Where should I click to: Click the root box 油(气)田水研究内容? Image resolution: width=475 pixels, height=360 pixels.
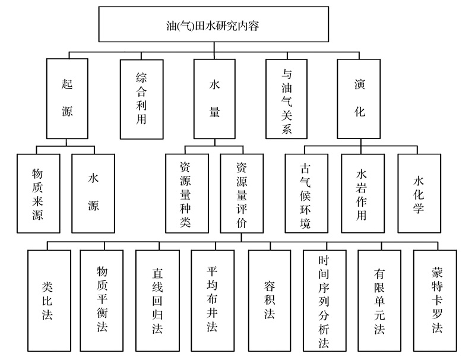(x=214, y=24)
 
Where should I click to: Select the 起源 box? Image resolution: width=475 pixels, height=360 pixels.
(x=67, y=99)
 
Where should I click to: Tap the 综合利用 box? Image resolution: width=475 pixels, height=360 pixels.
(x=141, y=99)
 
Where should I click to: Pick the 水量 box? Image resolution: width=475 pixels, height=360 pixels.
(x=214, y=99)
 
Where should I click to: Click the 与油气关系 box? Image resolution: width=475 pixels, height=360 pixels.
(x=287, y=99)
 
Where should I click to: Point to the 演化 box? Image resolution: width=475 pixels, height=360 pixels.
(x=359, y=99)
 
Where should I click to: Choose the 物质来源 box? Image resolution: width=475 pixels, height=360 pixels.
(x=39, y=193)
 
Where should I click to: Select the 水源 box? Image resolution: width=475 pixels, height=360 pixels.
(x=93, y=193)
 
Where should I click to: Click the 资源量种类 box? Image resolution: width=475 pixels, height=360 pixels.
(x=187, y=193)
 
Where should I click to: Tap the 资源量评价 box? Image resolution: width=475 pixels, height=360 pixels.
(x=242, y=193)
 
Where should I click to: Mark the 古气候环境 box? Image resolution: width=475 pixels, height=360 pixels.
(x=306, y=193)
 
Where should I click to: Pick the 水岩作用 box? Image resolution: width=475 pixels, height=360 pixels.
(x=363, y=193)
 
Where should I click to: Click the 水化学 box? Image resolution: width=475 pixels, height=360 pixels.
(x=419, y=193)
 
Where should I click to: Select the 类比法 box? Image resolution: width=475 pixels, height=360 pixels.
(x=49, y=301)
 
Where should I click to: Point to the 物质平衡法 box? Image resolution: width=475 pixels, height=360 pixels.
(x=102, y=301)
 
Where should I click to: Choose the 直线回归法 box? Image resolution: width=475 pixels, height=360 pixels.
(x=157, y=301)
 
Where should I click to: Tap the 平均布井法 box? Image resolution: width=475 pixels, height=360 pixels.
(x=213, y=301)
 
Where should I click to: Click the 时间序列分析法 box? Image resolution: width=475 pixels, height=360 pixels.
(x=325, y=301)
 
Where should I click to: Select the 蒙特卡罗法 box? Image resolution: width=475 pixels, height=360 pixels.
(x=435, y=301)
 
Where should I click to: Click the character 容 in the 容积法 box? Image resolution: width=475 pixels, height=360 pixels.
(x=270, y=286)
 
